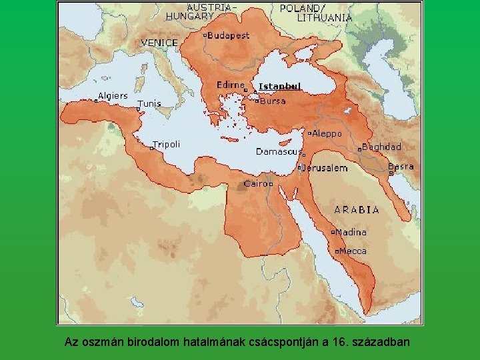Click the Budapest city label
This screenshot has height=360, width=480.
click(228, 35)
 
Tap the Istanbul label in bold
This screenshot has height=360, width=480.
click(279, 86)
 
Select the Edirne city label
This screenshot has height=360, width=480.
click(230, 85)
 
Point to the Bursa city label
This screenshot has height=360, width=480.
click(273, 101)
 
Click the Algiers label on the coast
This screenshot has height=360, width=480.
click(112, 96)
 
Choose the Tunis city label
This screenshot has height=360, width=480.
click(149, 104)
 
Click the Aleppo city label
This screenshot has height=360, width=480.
click(327, 133)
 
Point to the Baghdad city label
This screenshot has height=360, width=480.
click(383, 147)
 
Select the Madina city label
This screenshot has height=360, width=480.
click(351, 232)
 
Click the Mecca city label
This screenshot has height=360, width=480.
click(353, 251)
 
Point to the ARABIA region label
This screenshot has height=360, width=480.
click(357, 209)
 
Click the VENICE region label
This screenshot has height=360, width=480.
click(159, 43)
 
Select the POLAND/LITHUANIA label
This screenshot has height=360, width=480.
click(315, 13)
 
